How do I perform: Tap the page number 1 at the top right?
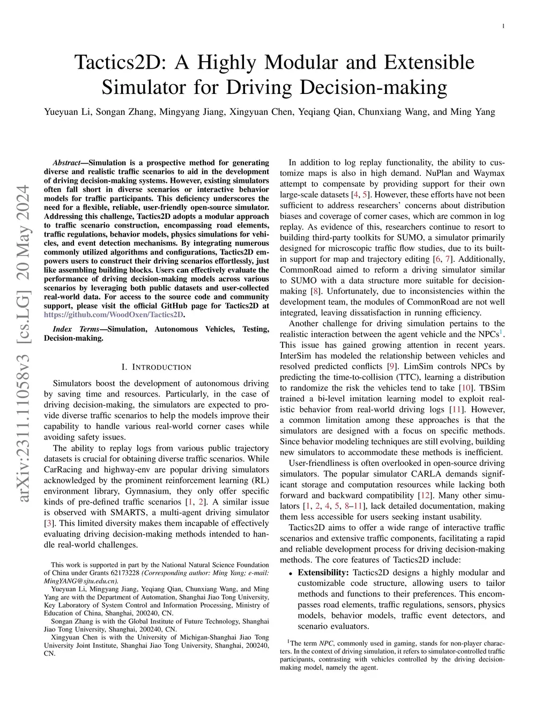click(x=505, y=26)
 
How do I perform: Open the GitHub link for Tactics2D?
click(x=114, y=314)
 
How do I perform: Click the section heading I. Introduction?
click(x=156, y=368)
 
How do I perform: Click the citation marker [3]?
click(x=48, y=523)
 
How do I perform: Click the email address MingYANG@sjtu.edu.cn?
click(x=81, y=581)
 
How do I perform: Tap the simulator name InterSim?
click(x=297, y=356)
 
